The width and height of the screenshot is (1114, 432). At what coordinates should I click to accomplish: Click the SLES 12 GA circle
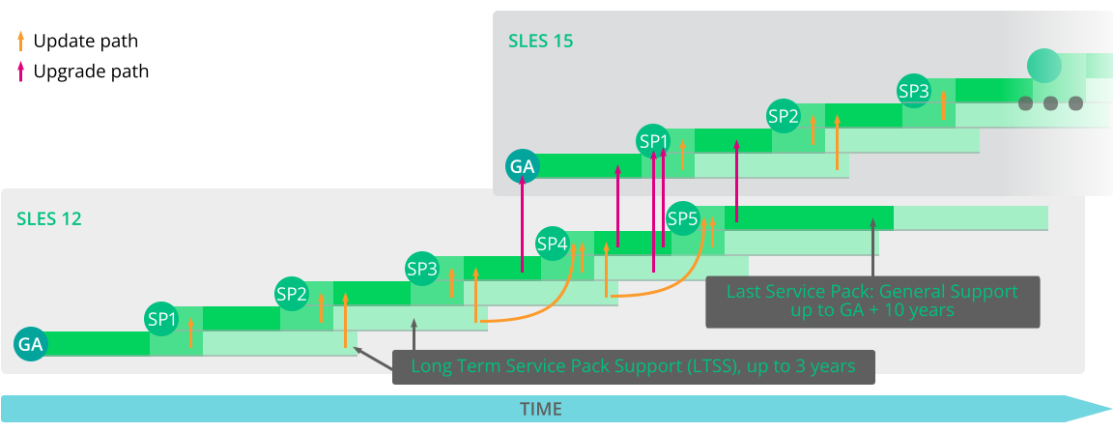[30, 343]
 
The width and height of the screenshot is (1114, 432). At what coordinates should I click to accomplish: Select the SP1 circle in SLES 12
[161, 318]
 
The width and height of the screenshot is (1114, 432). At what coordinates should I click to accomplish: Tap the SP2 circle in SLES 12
[292, 293]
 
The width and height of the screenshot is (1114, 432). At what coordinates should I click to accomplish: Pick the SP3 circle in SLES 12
[422, 268]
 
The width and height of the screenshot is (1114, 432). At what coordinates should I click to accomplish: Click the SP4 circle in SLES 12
[552, 244]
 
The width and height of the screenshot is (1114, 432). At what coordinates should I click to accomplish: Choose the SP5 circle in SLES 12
[682, 218]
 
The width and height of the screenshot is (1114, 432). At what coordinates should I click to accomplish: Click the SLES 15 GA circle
[522, 166]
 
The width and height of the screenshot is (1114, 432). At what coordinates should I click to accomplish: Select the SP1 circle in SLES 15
[653, 141]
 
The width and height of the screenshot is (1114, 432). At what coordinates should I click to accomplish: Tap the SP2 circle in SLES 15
[784, 116]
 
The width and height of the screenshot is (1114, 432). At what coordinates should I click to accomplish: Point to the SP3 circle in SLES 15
[914, 91]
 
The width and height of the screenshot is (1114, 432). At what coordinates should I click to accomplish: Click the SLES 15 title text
[541, 42]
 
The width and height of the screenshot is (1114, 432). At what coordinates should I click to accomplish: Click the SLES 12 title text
[49, 219]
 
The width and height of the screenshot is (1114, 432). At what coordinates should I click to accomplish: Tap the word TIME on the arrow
[540, 409]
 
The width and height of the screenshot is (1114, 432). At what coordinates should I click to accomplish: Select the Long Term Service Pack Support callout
[633, 366]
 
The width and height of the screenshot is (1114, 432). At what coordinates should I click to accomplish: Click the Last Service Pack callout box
[871, 301]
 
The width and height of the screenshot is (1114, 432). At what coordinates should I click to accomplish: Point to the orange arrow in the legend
[20, 41]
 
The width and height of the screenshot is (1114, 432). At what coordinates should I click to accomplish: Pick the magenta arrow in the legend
[20, 71]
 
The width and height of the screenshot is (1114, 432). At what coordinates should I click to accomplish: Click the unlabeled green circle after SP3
[1044, 66]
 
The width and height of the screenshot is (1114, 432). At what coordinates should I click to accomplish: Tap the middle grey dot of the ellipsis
[1050, 103]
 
